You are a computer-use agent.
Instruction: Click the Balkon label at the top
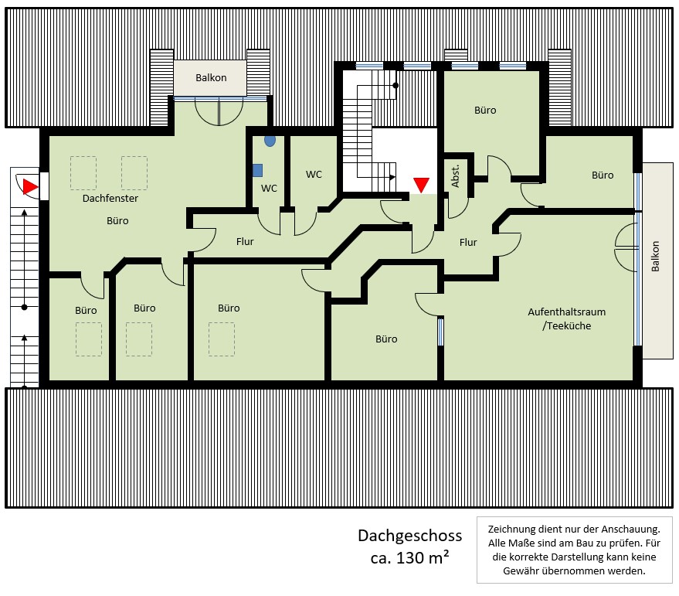[210, 78]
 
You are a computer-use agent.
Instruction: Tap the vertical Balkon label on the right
[655, 256]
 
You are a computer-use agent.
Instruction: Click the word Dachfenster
[110, 199]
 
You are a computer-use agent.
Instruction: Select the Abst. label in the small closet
[456, 176]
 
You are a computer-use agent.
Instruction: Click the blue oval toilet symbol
[270, 141]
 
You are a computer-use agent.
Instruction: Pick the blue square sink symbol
[258, 170]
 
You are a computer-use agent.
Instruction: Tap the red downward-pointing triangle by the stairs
[421, 185]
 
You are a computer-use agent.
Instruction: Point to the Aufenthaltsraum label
[566, 312]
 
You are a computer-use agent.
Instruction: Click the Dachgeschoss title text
[409, 536]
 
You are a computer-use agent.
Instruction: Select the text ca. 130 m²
[410, 558]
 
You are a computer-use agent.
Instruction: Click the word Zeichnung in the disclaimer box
[514, 530]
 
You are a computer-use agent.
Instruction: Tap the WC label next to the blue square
[269, 188]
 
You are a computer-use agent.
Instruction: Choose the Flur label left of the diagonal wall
[245, 242]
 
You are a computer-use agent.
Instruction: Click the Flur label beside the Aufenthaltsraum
[468, 242]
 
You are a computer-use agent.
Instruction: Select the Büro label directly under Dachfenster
[117, 220]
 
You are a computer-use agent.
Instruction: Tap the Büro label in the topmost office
[485, 111]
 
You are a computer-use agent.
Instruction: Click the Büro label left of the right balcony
[603, 175]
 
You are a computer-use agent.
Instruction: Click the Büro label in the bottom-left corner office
[86, 310]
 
